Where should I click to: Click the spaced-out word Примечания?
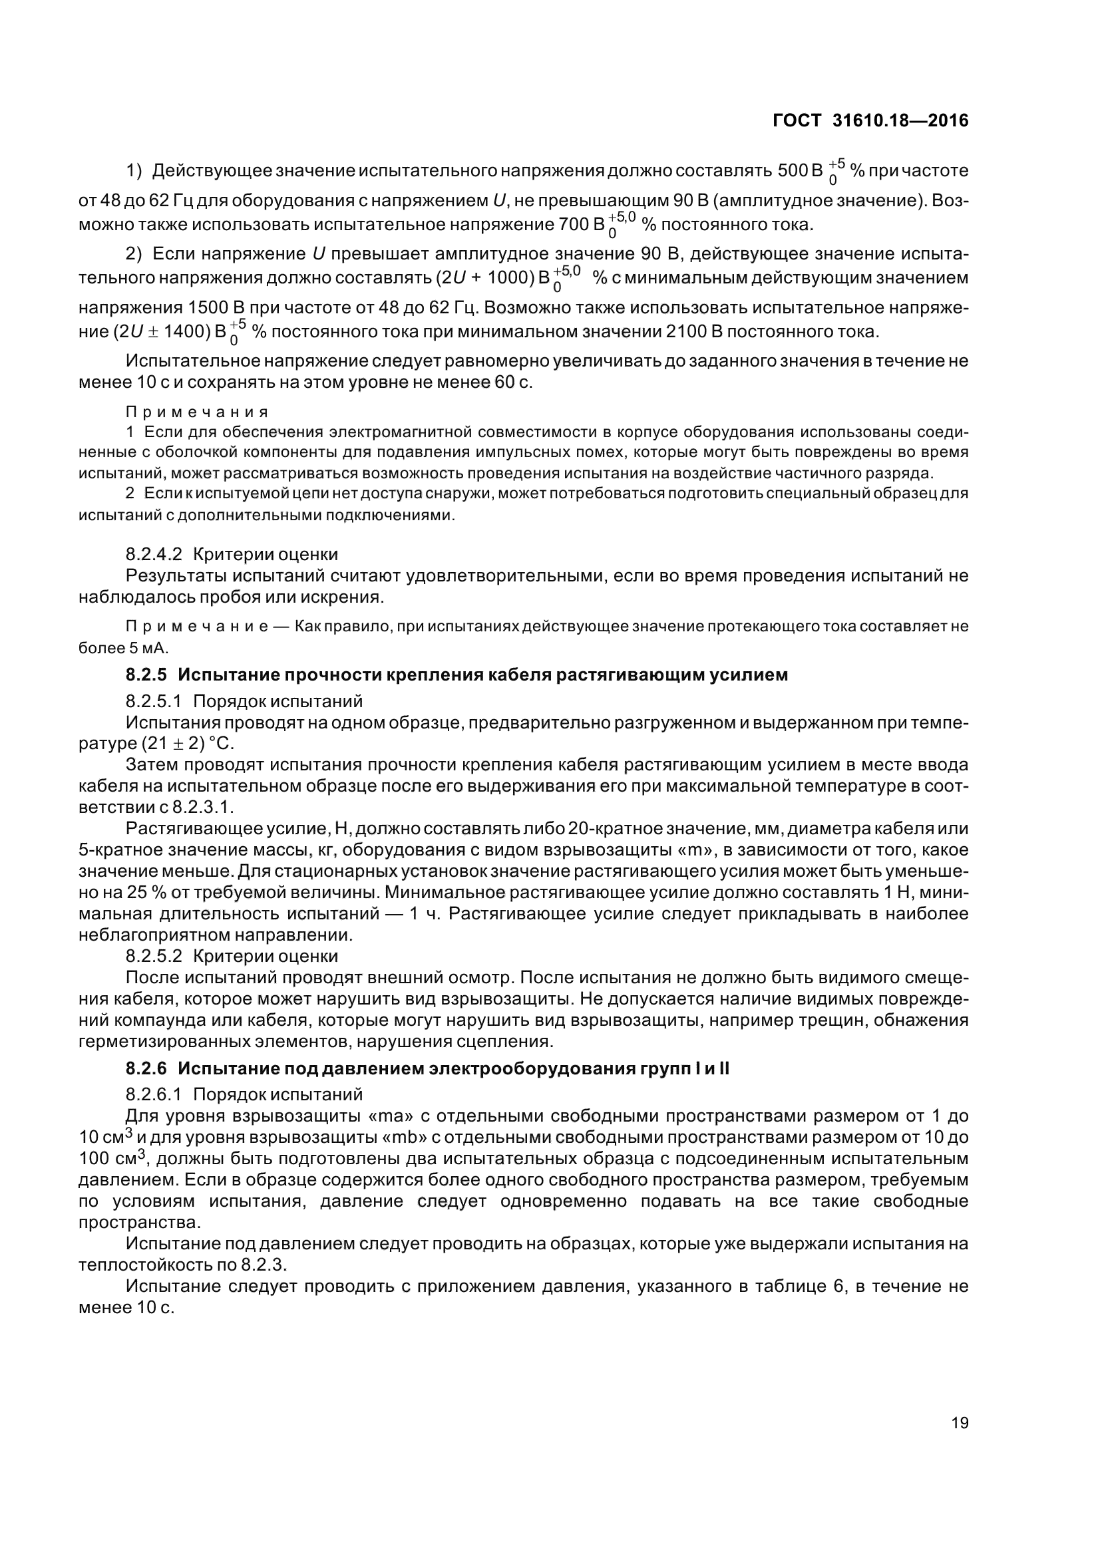pyautogui.click(x=197, y=412)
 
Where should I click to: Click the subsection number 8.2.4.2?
pyautogui.click(x=154, y=554)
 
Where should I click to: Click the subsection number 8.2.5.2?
pyautogui.click(x=154, y=956)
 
